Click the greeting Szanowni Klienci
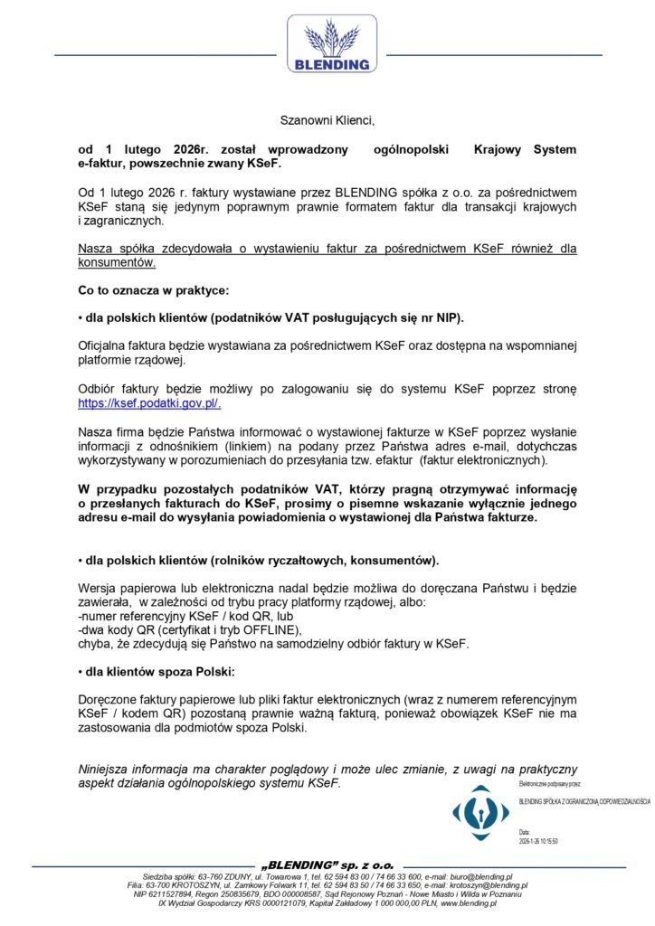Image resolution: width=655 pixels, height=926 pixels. [x=327, y=119]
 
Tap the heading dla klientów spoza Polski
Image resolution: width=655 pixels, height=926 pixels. [x=157, y=673]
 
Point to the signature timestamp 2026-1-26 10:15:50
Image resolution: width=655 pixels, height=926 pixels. [x=538, y=841]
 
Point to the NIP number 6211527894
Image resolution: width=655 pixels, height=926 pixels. [x=166, y=894]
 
